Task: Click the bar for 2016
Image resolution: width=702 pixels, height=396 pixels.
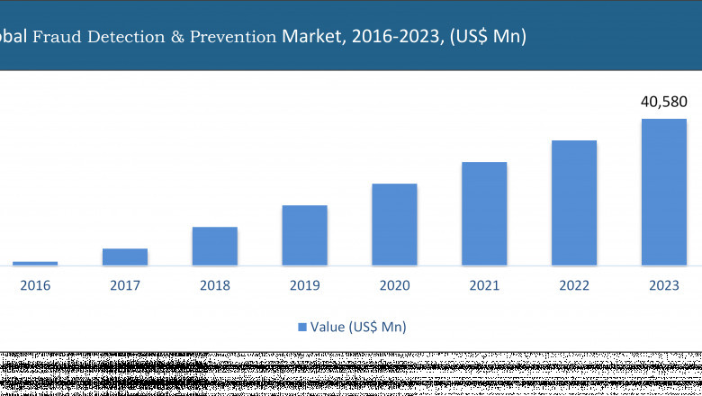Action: (x=35, y=263)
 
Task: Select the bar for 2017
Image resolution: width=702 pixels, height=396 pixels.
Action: (x=125, y=256)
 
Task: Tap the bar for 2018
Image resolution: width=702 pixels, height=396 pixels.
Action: (x=215, y=246)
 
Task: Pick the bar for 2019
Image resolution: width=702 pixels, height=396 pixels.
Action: (x=304, y=235)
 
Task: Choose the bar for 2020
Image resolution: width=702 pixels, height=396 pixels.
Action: (x=394, y=224)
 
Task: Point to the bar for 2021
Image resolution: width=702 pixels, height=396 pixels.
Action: (x=484, y=213)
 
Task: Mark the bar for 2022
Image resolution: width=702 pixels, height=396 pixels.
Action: (x=574, y=202)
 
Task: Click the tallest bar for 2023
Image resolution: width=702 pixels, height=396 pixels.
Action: (x=664, y=192)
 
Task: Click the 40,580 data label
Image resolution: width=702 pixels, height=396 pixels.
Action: (x=663, y=102)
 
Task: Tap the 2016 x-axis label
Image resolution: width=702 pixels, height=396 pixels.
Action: (x=35, y=285)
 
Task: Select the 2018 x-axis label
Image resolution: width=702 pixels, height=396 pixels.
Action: (x=215, y=285)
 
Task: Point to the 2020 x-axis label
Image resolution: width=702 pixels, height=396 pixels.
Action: (x=394, y=285)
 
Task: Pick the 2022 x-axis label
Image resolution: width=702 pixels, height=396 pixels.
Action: (x=574, y=285)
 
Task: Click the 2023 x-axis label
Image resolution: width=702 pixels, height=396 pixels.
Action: (x=664, y=285)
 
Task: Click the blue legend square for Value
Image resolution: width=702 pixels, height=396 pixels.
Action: (x=302, y=327)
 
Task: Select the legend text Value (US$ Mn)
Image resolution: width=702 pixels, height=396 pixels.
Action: (x=358, y=327)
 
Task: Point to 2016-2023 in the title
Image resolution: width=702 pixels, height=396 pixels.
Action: (x=392, y=37)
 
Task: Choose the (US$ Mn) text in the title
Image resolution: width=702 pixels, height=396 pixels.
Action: (x=486, y=37)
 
